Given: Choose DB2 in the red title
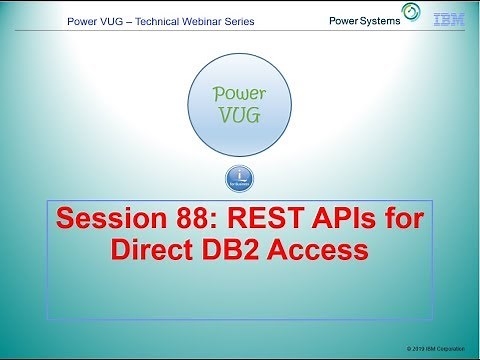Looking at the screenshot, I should (239, 250).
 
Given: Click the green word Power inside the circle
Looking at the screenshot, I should (239, 95).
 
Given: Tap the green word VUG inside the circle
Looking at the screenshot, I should (239, 115).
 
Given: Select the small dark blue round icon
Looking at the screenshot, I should (240, 180).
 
